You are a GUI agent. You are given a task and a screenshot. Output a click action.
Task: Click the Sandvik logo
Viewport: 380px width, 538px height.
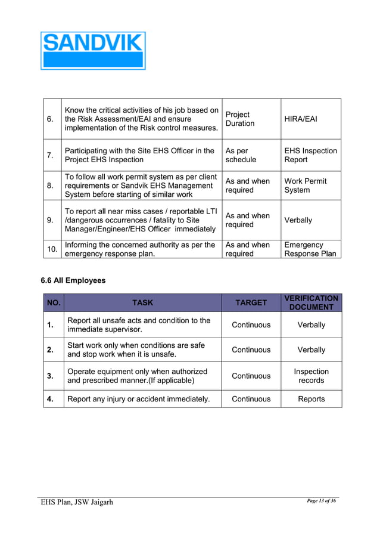(93, 51)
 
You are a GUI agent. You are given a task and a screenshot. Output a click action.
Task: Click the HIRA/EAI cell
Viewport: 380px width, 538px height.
(301, 119)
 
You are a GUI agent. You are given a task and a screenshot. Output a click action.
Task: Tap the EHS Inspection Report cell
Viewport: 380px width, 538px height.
(310, 155)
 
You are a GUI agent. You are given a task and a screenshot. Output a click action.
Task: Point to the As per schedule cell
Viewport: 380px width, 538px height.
(241, 155)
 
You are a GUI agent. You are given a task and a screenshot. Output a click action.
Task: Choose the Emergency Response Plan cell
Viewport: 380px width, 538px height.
(310, 249)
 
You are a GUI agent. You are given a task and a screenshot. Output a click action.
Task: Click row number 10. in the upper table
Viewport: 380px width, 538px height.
(52, 249)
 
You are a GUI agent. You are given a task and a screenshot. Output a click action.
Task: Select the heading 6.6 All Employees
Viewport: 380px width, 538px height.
(73, 280)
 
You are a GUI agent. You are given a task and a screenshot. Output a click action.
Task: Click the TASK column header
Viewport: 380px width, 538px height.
(142, 303)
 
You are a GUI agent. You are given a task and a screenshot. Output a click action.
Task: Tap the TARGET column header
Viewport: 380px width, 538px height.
(251, 303)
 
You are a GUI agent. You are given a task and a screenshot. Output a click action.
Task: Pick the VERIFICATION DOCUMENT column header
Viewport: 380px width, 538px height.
(311, 302)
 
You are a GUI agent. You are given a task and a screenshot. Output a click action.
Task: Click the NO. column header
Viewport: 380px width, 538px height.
(54, 303)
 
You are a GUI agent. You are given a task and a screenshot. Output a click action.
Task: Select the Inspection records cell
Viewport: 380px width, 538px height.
(311, 376)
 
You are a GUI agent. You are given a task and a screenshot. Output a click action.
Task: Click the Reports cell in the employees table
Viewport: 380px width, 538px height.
(311, 399)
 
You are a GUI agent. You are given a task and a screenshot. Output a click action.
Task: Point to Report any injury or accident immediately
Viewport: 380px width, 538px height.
(138, 399)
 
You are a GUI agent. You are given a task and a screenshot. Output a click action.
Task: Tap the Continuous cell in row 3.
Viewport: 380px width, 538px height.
(251, 376)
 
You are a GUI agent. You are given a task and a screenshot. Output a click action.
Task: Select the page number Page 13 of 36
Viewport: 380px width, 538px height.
(321, 501)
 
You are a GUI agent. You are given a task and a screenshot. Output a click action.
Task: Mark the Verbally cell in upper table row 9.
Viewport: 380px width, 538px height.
(298, 220)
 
